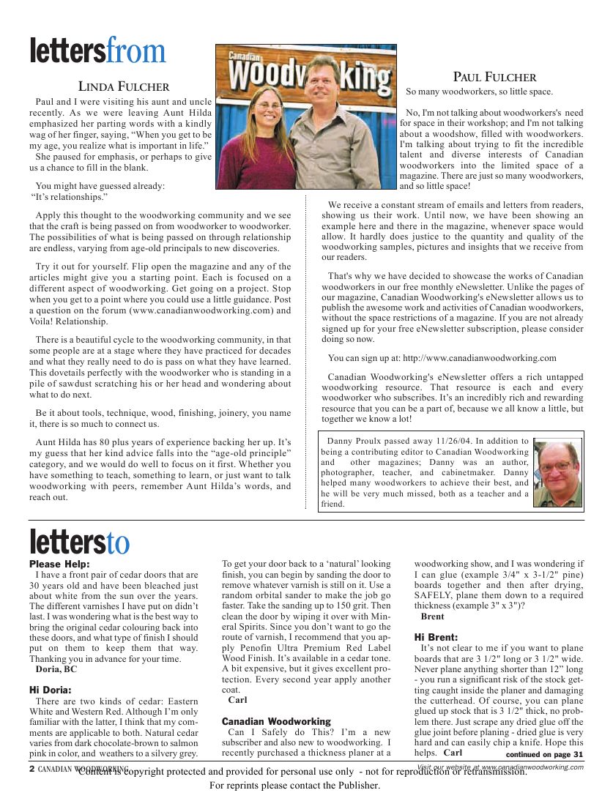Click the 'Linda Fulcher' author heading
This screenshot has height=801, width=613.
click(x=124, y=87)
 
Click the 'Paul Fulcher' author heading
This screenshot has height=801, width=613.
click(x=494, y=77)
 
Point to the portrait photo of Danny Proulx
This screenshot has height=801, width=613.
click(x=557, y=473)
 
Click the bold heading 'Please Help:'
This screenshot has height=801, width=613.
click(x=59, y=564)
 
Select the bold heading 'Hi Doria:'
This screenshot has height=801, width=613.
click(x=51, y=690)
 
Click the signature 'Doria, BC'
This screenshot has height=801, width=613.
click(x=56, y=669)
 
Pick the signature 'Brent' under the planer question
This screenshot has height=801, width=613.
click(x=433, y=616)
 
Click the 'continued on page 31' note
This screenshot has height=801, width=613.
click(x=544, y=754)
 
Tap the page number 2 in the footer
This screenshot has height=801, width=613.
click(x=32, y=769)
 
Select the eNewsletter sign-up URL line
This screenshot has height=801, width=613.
click(x=442, y=358)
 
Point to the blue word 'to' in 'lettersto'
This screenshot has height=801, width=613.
click(x=118, y=543)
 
